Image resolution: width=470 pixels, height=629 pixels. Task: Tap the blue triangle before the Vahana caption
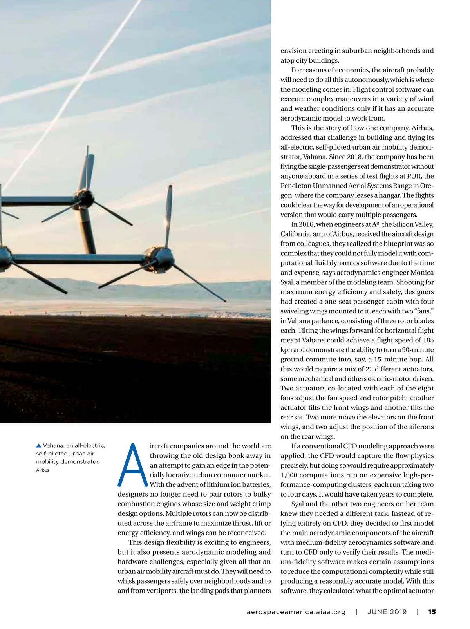(38, 446)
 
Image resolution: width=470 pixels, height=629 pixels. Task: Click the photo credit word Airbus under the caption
(43, 470)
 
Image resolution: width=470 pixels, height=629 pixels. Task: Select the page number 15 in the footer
(432, 612)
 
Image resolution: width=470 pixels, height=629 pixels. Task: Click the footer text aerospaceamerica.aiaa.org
(296, 612)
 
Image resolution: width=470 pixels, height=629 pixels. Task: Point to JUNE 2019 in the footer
(387, 612)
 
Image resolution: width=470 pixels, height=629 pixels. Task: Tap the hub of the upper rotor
(85, 199)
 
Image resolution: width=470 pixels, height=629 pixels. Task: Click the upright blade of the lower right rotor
(168, 215)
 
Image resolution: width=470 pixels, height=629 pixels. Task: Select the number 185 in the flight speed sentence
(428, 340)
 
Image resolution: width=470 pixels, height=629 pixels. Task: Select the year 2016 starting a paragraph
(306, 224)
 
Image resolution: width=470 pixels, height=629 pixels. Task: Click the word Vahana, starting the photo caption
(54, 446)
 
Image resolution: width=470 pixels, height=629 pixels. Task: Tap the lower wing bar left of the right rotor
(78, 259)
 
